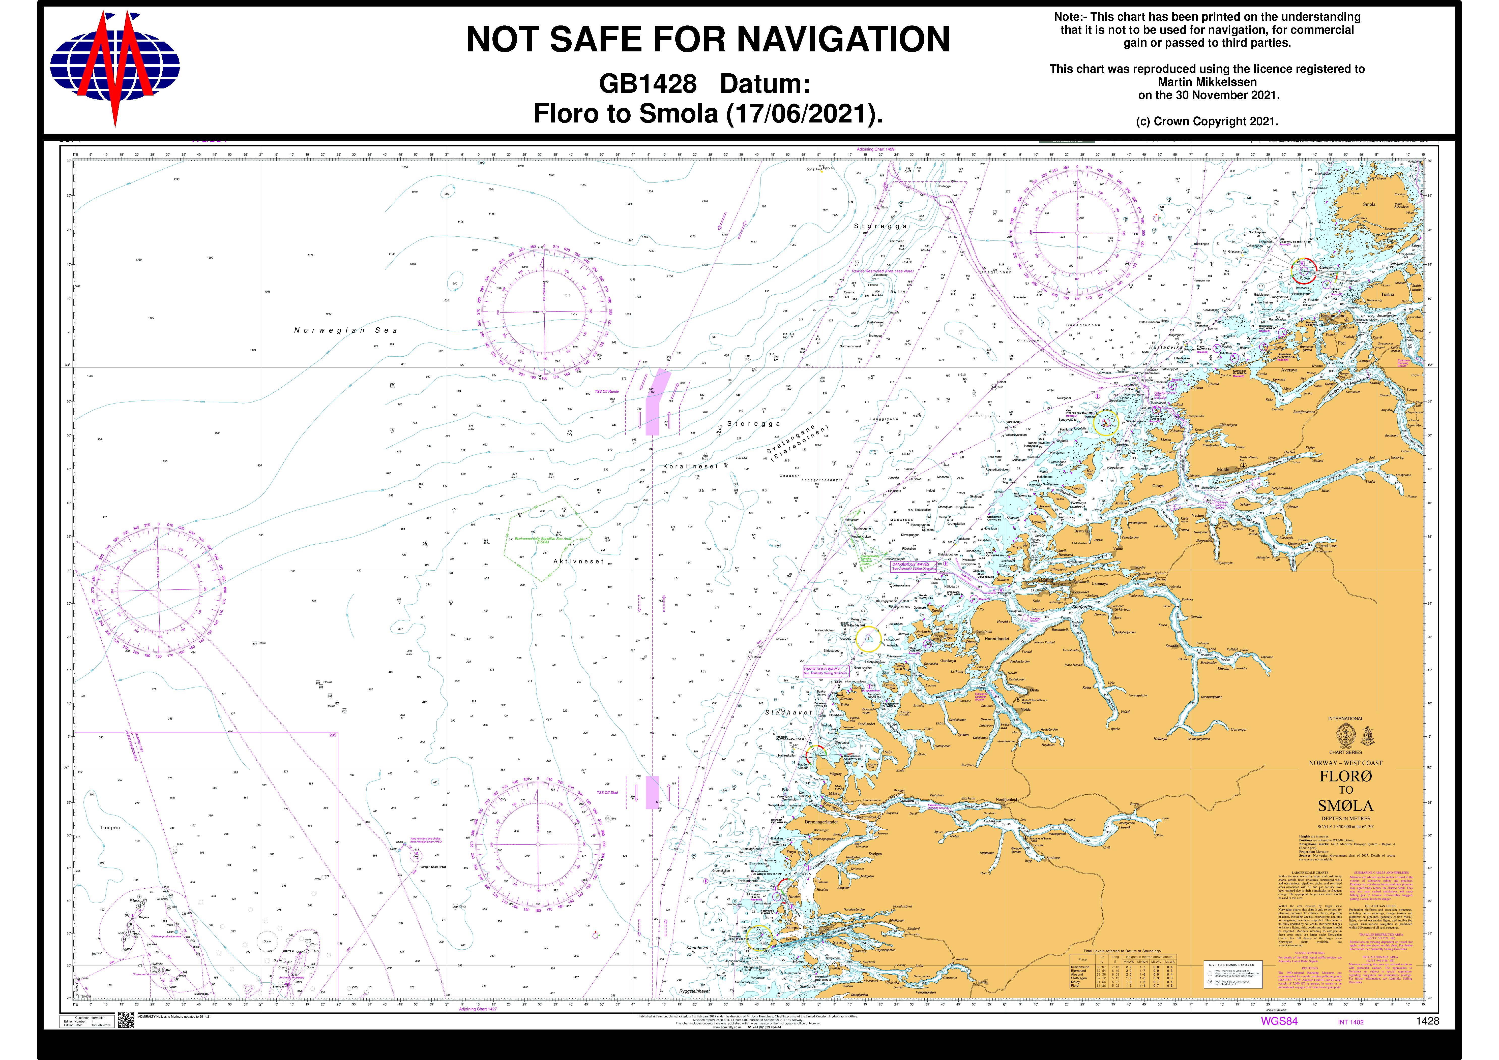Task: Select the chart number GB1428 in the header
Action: [648, 84]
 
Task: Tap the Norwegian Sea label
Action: [345, 330]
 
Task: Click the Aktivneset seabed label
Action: [578, 561]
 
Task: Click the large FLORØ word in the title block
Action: [1346, 777]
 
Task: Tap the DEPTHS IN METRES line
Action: [1346, 818]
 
